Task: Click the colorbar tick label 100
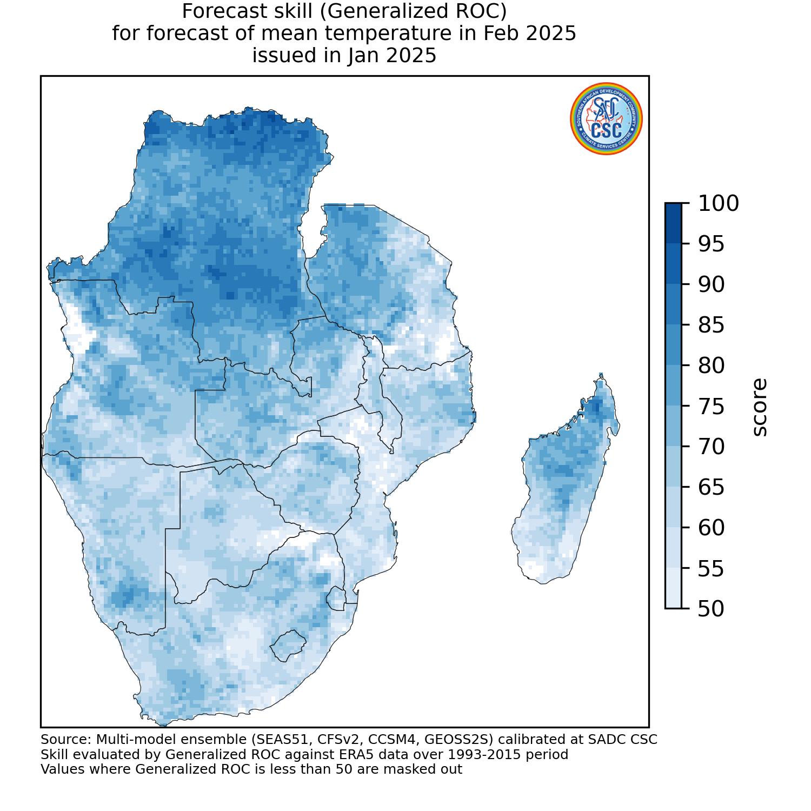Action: (x=718, y=204)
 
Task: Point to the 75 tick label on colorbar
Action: (x=711, y=407)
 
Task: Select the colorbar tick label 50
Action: (x=711, y=609)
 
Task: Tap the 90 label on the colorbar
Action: (x=711, y=285)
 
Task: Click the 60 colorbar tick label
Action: (x=711, y=528)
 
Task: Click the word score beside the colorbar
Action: (x=759, y=407)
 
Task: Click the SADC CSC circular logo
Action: (x=606, y=120)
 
